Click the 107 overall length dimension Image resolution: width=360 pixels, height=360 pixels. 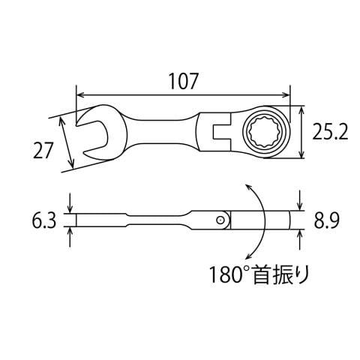pyautogui.click(x=184, y=81)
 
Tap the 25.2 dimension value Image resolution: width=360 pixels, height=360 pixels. pyautogui.click(x=330, y=132)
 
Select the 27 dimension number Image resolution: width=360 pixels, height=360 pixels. pyautogui.click(x=43, y=150)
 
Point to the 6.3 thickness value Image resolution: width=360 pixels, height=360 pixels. pyautogui.click(x=44, y=220)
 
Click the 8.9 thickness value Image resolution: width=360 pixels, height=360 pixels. pyautogui.click(x=326, y=220)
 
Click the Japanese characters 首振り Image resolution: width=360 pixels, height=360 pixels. pyautogui.click(x=280, y=274)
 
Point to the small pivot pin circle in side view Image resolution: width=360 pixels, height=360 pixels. pyautogui.click(x=220, y=220)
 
